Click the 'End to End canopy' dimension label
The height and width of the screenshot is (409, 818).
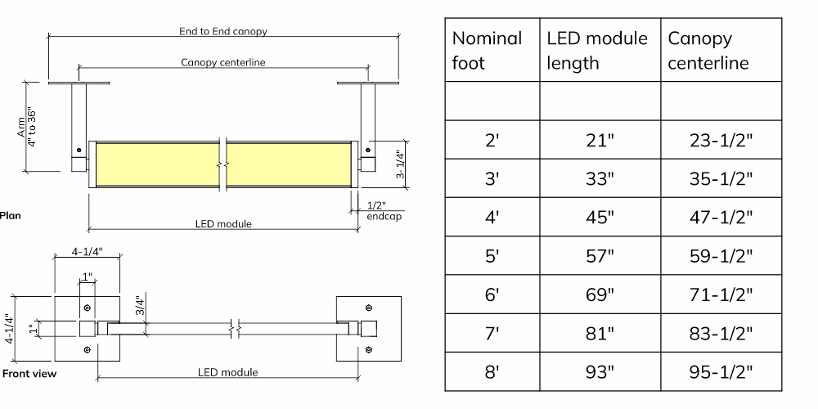pos(223,31)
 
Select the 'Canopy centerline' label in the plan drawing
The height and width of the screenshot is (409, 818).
pos(223,63)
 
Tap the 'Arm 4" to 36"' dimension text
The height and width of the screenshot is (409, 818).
pos(27,127)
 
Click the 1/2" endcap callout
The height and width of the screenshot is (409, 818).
pos(384,211)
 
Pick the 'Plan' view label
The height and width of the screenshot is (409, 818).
pos(11,215)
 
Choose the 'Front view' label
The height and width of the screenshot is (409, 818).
pos(29,374)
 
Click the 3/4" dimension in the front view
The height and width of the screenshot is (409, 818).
pos(139,306)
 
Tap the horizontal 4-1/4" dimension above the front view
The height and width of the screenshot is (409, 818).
pos(88,251)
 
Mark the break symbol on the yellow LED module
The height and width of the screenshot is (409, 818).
pos(222,164)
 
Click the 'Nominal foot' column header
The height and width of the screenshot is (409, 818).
pos(487,50)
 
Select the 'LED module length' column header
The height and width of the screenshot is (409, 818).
pos(597,50)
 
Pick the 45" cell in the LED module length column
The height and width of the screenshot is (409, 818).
pos(600,217)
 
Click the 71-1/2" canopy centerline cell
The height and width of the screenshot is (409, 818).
pos(721,294)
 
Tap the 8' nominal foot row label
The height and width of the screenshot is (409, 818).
pos(492,372)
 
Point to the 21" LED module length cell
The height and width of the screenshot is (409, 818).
pos(600,140)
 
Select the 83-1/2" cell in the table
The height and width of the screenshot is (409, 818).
pos(721,334)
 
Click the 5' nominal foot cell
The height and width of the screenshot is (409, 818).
pos(492,256)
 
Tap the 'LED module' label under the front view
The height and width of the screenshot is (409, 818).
pos(227,372)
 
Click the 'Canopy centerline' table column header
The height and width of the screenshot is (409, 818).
pos(708,50)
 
